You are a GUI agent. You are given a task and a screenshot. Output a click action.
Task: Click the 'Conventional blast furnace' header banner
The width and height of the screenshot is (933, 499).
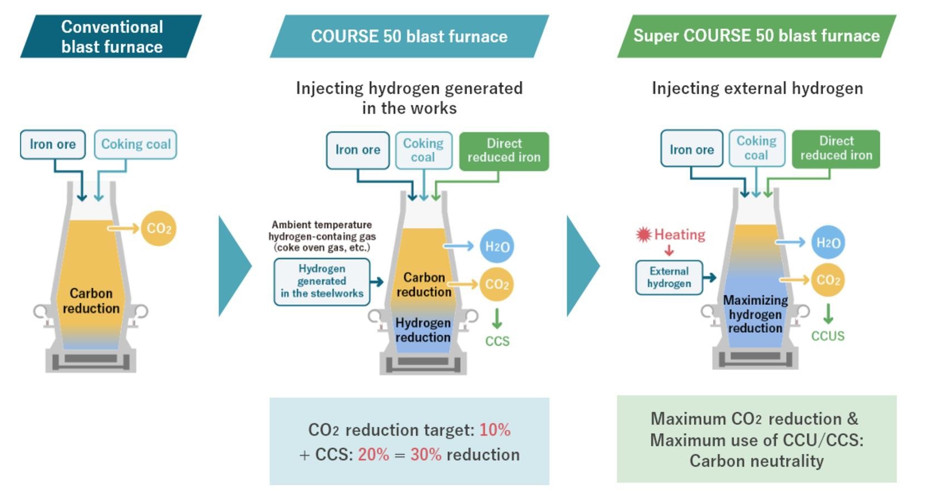pos(111,36)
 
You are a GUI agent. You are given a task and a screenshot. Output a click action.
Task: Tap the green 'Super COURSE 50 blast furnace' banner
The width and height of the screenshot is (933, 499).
pos(757,36)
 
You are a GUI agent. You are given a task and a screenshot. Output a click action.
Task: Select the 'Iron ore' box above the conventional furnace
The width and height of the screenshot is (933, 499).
pos(53,144)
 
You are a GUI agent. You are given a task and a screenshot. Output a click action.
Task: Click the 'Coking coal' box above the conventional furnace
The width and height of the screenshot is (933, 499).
pos(136,144)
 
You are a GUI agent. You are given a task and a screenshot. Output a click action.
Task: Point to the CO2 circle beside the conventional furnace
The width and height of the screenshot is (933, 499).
pos(159,228)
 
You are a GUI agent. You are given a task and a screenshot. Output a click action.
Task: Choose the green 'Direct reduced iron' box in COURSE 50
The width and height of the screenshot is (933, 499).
pos(504,151)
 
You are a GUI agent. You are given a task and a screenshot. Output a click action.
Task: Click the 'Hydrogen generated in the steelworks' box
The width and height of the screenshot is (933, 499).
pos(322,282)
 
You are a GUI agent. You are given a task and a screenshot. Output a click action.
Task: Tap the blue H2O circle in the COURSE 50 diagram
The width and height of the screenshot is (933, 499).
pos(497,246)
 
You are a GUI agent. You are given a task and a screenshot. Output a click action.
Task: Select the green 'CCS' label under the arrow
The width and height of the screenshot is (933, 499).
pos(497,341)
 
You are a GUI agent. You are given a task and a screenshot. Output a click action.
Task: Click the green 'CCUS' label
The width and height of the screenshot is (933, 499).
pos(828,336)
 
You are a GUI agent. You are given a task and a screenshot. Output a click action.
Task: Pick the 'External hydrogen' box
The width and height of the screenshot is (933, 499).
pos(669,277)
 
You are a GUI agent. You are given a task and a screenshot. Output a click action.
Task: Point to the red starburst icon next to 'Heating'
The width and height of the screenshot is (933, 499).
pos(644,234)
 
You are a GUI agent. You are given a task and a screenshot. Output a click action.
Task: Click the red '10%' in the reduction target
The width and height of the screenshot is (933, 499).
pos(495,430)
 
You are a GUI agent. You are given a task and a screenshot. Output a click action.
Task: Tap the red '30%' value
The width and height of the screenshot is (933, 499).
pos(426,454)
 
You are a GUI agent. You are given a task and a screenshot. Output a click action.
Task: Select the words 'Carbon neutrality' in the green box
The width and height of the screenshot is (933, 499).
pos(757,461)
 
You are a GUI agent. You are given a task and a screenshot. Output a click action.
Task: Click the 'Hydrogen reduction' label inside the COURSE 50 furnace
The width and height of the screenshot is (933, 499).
pos(423,330)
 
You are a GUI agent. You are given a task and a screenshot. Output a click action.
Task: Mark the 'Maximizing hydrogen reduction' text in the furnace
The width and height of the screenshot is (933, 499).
pos(755,314)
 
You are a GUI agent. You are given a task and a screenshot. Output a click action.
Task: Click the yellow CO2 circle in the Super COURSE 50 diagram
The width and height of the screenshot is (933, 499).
pos(828,280)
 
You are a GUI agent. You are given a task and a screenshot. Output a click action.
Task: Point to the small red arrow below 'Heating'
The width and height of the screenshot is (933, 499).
pos(669,250)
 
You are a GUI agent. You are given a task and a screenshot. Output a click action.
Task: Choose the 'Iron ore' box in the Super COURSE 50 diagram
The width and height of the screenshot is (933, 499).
pos(691,149)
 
